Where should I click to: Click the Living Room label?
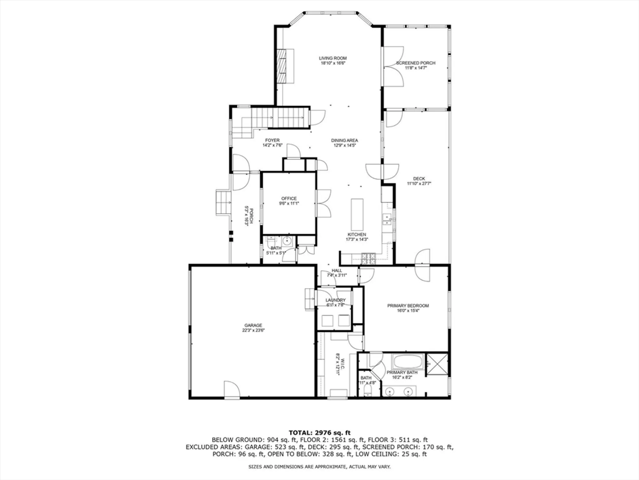click(333, 58)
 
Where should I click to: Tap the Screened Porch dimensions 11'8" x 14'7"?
click(416, 68)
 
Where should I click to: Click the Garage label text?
click(253, 325)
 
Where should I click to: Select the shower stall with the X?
click(437, 364)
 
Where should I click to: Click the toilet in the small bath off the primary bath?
click(367, 390)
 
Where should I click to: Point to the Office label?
click(289, 198)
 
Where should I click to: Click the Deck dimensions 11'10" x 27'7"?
click(419, 184)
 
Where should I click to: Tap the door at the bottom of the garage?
click(232, 390)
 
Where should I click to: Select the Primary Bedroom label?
click(408, 306)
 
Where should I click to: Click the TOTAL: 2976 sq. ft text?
click(319, 433)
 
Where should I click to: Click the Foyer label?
click(272, 140)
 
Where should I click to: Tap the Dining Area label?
click(344, 140)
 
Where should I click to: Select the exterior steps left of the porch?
click(223, 203)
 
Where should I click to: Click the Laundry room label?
click(335, 300)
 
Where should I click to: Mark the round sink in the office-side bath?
click(287, 241)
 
